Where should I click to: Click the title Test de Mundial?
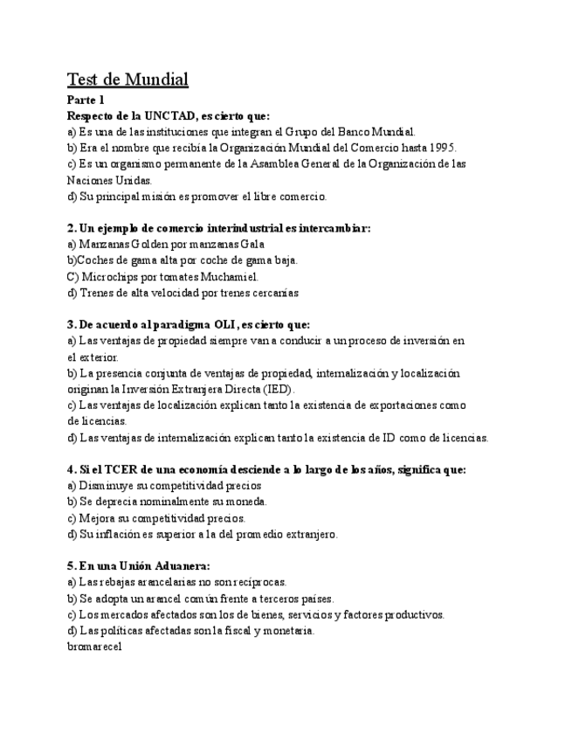pos(127,80)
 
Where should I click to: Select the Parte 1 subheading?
pos(86,100)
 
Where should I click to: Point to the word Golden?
pos(151,244)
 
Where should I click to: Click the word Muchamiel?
pos(231,276)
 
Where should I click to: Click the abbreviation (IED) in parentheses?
pos(278,389)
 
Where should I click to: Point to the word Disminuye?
pos(106,486)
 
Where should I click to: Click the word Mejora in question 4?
pos(98,518)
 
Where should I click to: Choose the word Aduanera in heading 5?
pos(180,565)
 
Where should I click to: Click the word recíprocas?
pos(258,582)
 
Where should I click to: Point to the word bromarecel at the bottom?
pos(93,647)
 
